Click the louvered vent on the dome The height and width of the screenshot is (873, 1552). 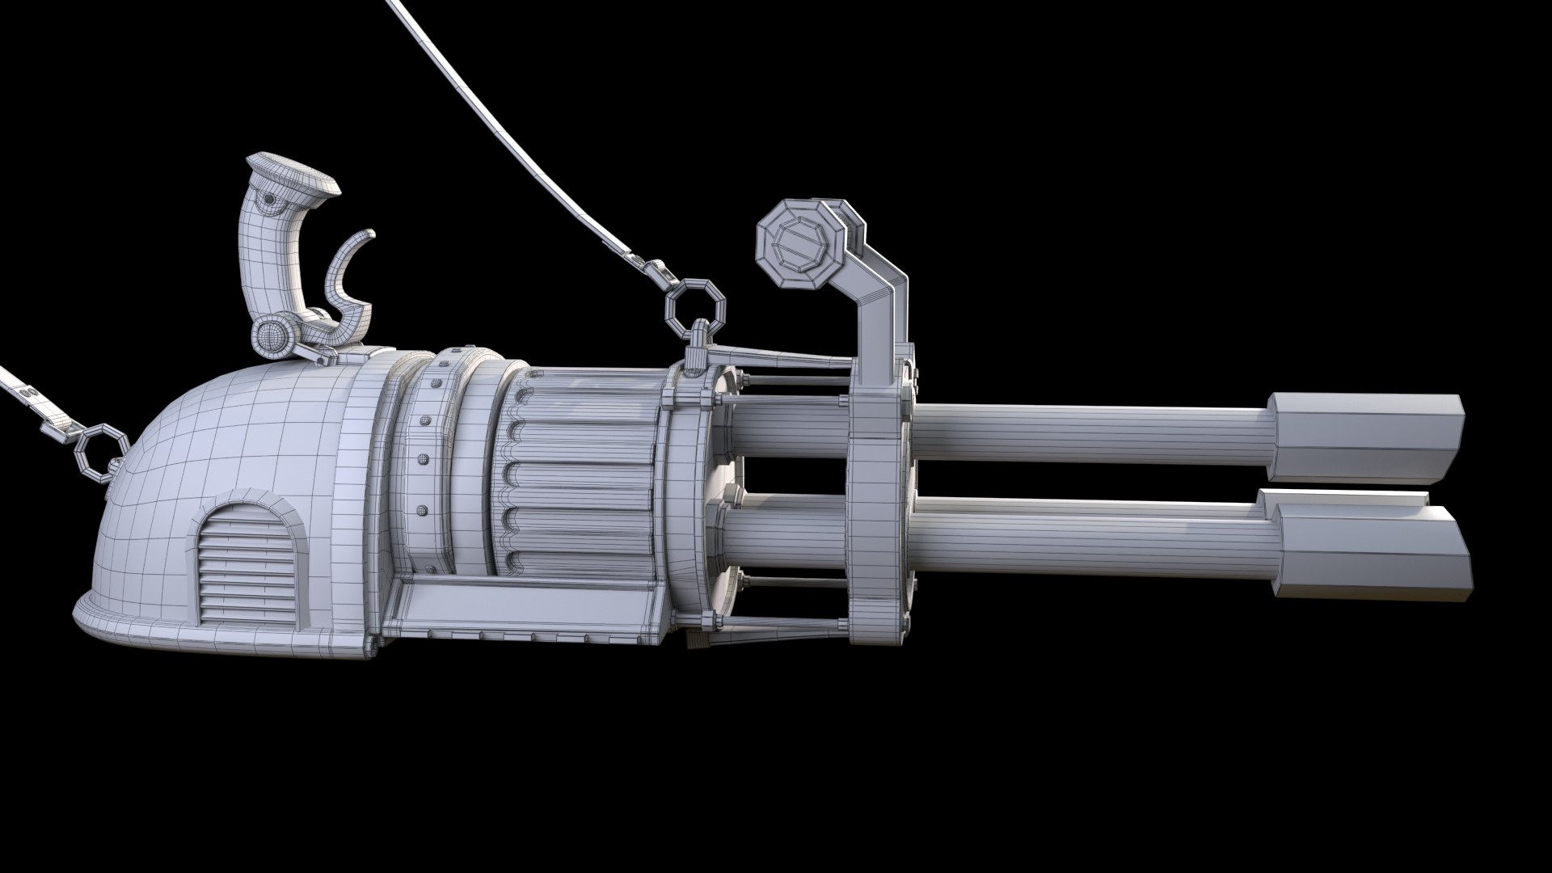tap(248, 566)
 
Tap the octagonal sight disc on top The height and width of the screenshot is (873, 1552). tap(796, 242)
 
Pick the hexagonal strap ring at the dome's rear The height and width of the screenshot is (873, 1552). tap(102, 453)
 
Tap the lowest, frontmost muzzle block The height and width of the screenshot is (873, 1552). tap(1374, 554)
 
